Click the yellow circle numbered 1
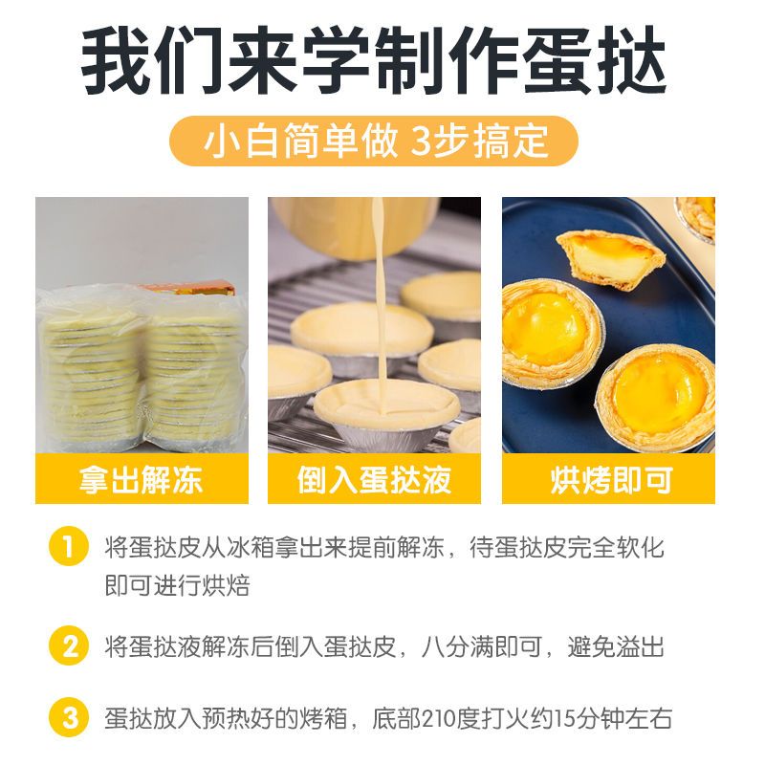click(69, 546)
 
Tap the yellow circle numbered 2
click(69, 646)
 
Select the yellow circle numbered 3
click(69, 718)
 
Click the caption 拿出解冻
click(141, 480)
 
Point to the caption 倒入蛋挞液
click(374, 480)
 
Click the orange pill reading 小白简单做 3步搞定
click(374, 141)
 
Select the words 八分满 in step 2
click(457, 647)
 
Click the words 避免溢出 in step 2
click(616, 647)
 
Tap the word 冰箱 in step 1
click(251, 547)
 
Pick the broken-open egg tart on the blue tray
click(610, 259)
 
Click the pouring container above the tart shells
click(354, 227)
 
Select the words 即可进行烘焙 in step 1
click(177, 585)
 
